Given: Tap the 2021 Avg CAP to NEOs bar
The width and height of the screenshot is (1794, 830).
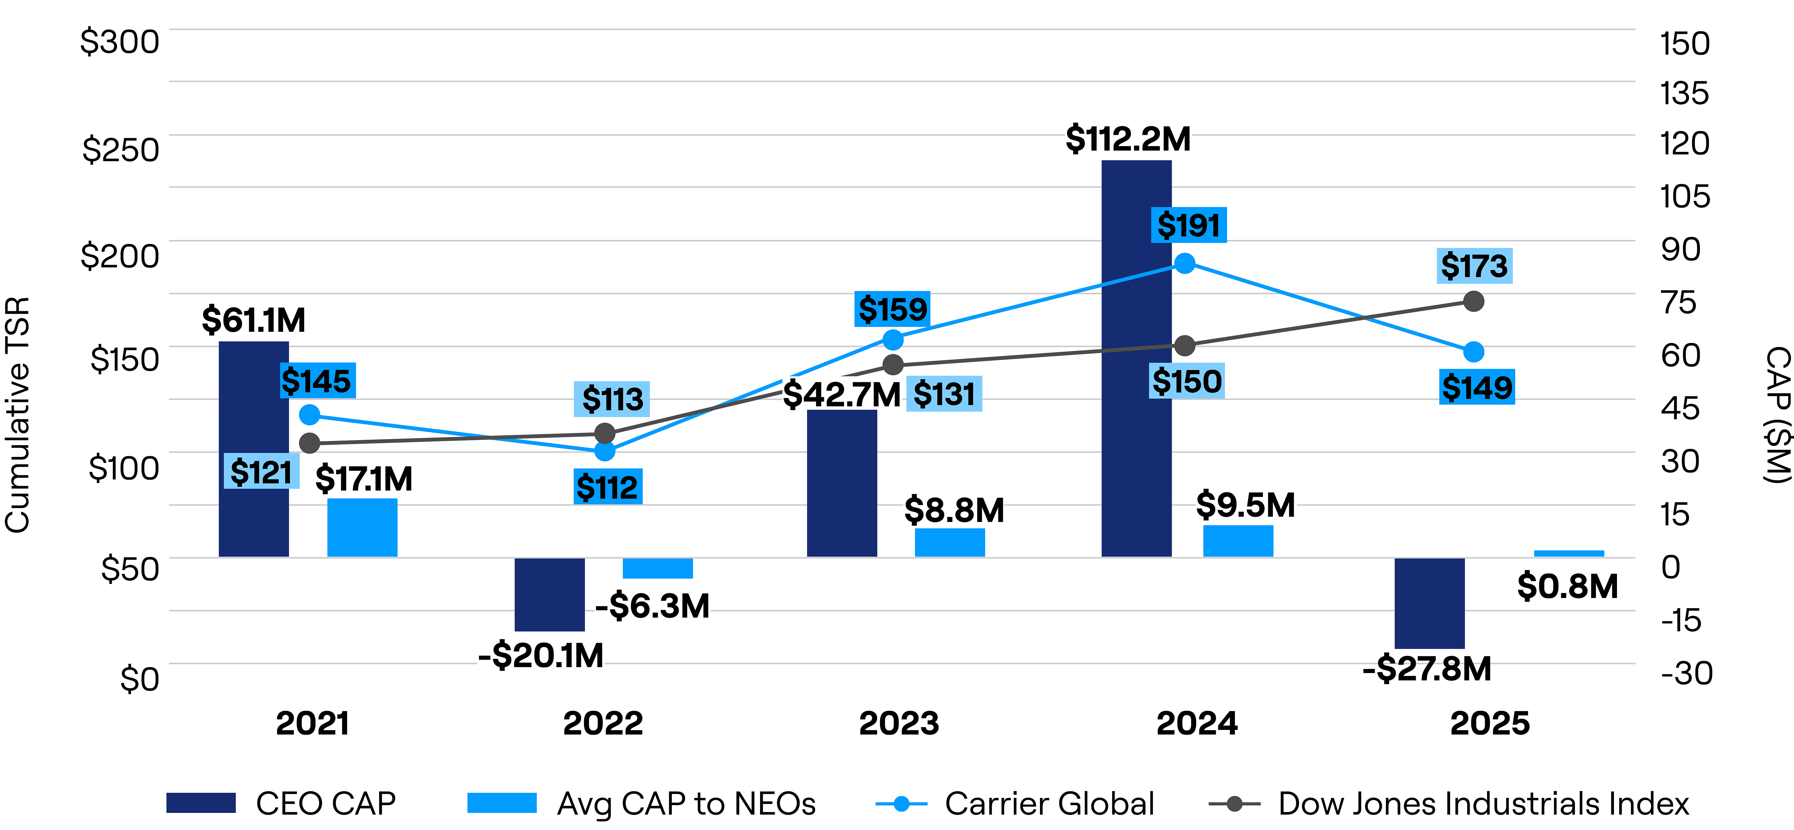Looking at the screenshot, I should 362,528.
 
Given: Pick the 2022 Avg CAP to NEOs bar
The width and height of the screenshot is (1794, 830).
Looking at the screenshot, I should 658,568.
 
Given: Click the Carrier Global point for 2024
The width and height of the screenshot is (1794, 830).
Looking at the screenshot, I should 1185,263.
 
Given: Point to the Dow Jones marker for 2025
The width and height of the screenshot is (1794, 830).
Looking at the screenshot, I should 1474,302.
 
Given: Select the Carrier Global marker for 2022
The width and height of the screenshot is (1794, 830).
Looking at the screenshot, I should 605,451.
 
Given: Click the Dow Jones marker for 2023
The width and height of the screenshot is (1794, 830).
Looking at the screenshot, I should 893,365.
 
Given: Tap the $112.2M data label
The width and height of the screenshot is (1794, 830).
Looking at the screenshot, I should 1128,139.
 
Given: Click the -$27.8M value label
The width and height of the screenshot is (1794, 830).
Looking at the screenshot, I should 1427,669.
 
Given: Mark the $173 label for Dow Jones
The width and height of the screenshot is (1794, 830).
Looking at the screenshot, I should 1474,266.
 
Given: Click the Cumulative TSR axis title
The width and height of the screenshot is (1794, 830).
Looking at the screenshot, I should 17,415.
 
